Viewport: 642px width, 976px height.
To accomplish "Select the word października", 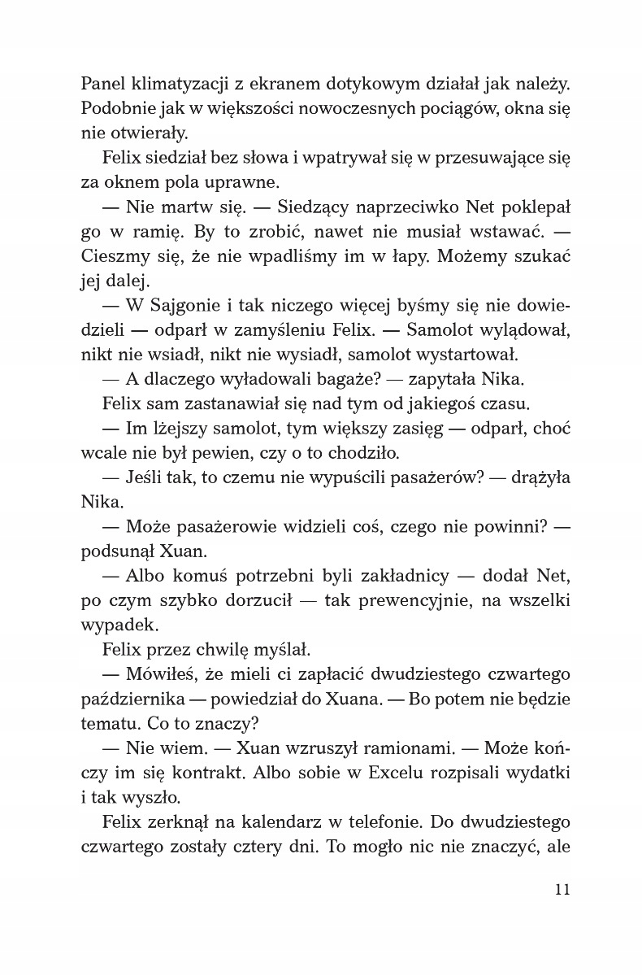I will click(x=132, y=700).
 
